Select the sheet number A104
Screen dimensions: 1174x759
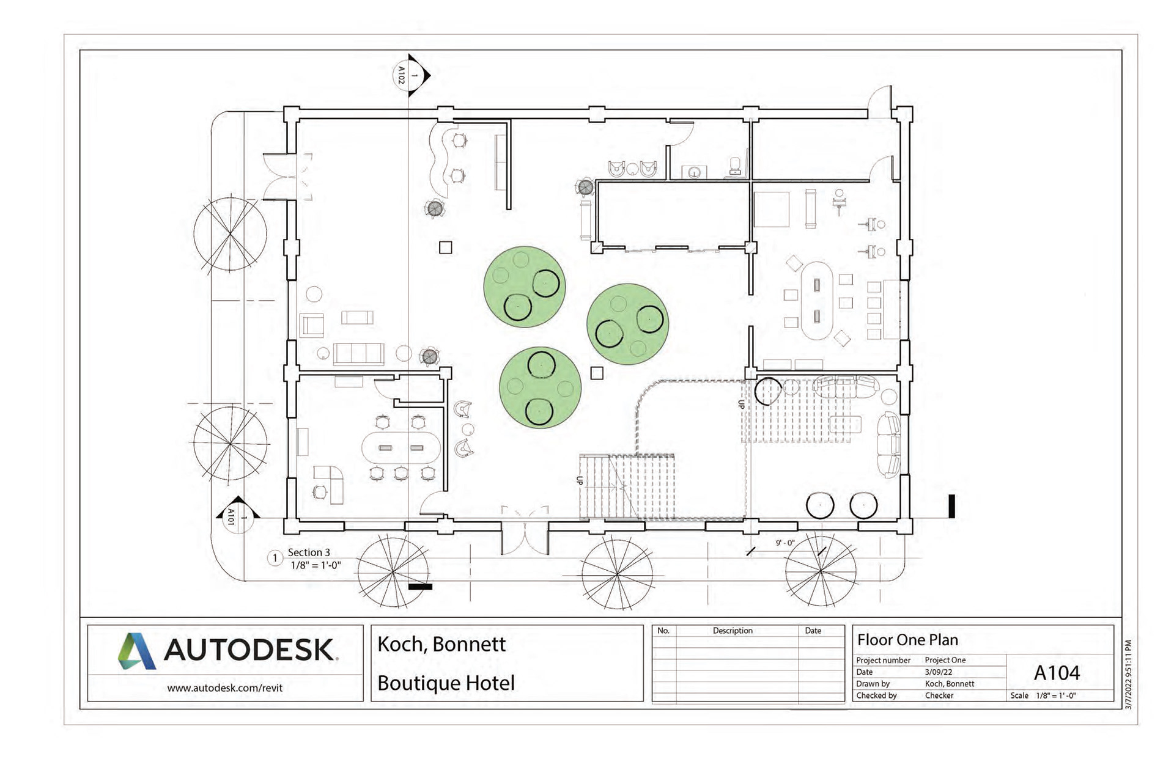tap(1057, 673)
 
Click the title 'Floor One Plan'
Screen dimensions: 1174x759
tap(907, 640)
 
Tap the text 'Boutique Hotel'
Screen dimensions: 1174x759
tap(446, 683)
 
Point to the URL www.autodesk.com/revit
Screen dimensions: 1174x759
tap(225, 688)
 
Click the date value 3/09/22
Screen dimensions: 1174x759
tap(939, 672)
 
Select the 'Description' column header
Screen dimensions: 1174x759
tap(733, 631)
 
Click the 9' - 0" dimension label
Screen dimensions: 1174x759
tap(785, 543)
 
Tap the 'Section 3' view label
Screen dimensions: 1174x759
tap(309, 552)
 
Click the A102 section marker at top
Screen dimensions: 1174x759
tap(410, 75)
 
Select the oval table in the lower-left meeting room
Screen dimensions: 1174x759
tap(401, 448)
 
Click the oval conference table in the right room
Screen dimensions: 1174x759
tap(817, 301)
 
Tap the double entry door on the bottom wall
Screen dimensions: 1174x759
tap(525, 530)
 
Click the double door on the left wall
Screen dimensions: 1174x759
tap(287, 177)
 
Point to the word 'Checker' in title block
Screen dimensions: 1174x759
tap(939, 695)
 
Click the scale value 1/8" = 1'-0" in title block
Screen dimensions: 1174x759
tap(1055, 695)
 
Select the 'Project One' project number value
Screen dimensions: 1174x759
tap(945, 660)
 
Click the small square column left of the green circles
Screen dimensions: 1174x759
tap(446, 248)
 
